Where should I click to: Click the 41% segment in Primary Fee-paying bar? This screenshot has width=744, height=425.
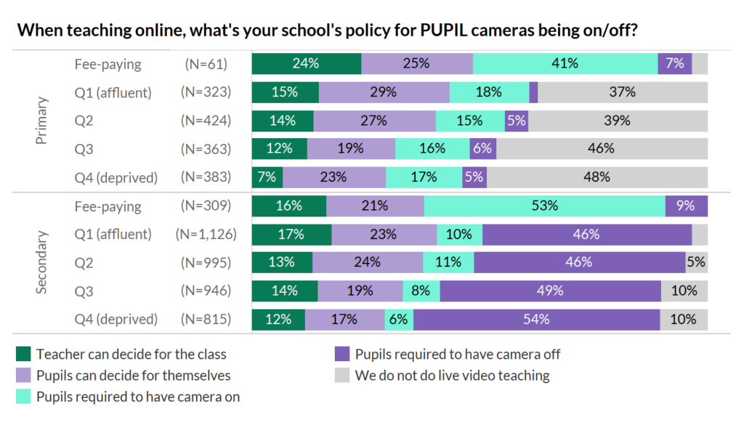[565, 63]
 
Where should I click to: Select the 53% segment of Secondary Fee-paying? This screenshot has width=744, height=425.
[544, 206]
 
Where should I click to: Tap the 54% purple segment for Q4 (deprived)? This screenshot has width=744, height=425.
[536, 319]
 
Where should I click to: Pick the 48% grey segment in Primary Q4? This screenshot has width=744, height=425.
[597, 177]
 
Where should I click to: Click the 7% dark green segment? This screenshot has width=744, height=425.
[267, 177]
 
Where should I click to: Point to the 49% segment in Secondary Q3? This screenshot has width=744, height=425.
[550, 291]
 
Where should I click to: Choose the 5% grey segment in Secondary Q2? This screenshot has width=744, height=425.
[696, 262]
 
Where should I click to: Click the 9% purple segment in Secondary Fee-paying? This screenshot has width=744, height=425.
[686, 206]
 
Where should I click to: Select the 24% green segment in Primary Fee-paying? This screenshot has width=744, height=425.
[306, 63]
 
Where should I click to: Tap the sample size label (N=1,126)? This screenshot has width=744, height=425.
[203, 234]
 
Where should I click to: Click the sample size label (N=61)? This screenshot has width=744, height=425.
[206, 64]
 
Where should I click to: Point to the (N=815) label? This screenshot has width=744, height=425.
[206, 319]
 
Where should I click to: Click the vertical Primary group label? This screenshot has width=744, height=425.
[41, 120]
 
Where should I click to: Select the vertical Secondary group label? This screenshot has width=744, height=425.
[41, 262]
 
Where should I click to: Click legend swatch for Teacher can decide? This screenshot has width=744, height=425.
[23, 355]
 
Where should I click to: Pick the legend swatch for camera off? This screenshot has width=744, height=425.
[342, 355]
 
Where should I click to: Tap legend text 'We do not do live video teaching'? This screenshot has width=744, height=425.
[452, 376]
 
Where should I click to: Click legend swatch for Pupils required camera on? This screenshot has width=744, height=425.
[23, 397]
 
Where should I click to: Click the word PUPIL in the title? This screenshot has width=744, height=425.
[442, 31]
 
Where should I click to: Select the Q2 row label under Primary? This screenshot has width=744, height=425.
[84, 121]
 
